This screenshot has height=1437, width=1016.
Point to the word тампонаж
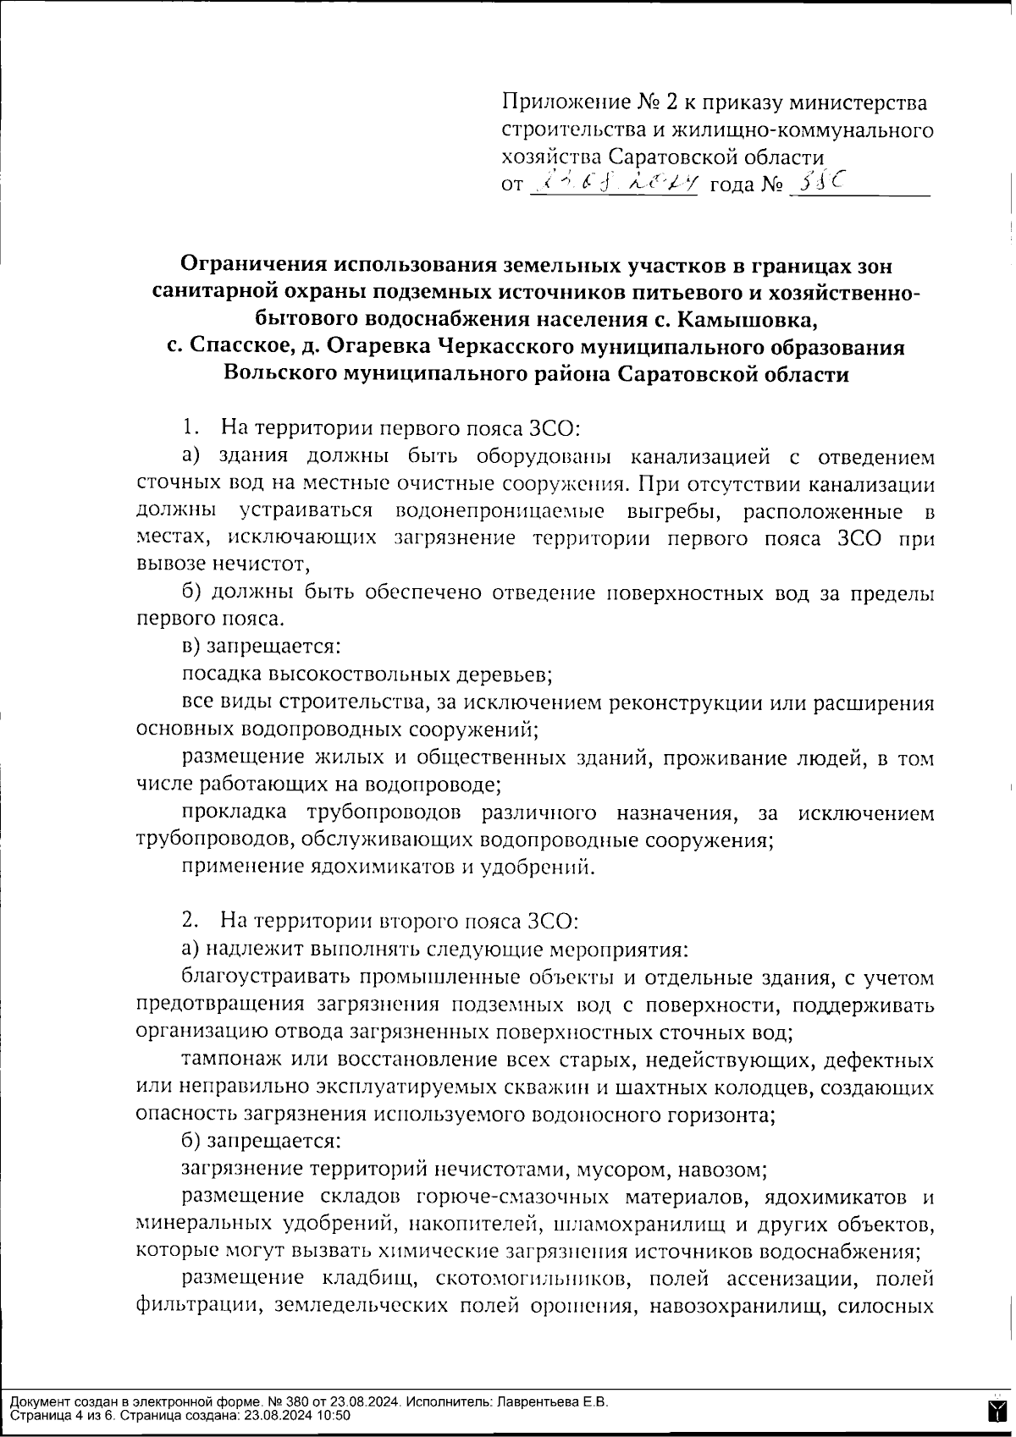[224, 1060]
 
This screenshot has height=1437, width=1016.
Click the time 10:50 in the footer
[332, 1415]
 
